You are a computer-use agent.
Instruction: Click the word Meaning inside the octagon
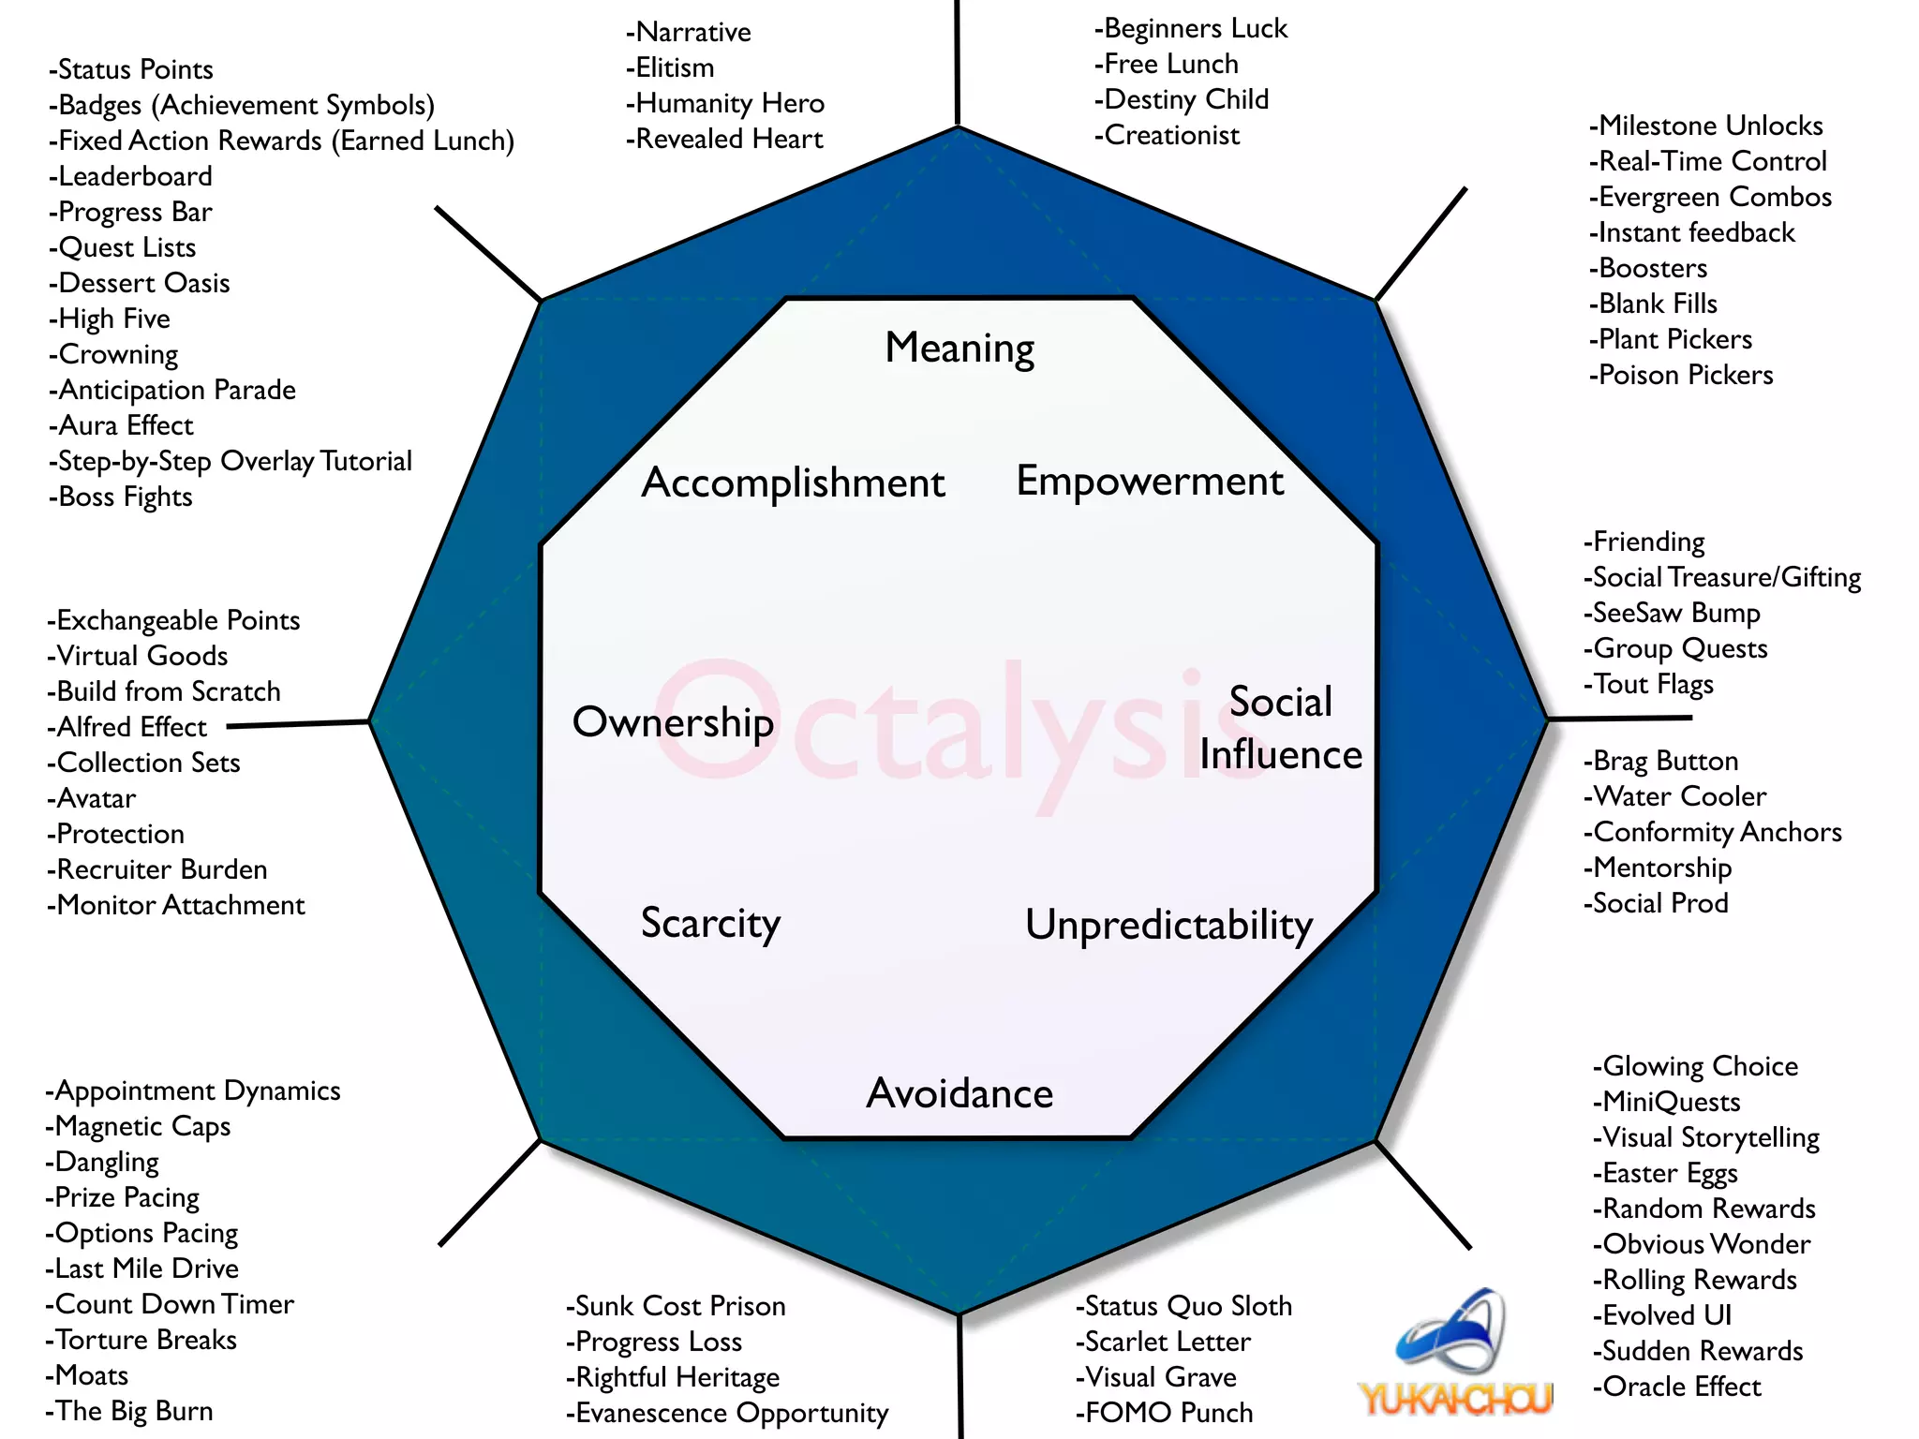[959, 348]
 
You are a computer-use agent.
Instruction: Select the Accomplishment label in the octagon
[793, 483]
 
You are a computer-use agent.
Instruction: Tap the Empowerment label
[1150, 482]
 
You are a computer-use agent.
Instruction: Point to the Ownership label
[673, 722]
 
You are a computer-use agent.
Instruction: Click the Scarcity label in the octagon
[710, 924]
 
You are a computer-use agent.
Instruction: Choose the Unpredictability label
[1168, 926]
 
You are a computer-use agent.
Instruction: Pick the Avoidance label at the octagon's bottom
[959, 1093]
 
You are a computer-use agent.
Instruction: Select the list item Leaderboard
[131, 176]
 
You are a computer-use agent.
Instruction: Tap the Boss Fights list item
[122, 497]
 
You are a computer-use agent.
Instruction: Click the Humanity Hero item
[725, 103]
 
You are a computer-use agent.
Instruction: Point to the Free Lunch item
[1167, 64]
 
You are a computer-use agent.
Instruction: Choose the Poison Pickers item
[1681, 375]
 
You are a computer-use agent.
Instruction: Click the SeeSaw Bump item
[1673, 613]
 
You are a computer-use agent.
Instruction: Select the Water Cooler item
[1675, 796]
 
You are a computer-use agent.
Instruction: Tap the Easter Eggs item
[1666, 1173]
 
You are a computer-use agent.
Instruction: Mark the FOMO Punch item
[1165, 1412]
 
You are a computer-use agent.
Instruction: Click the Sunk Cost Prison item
[676, 1306]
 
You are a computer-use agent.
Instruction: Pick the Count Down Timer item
[170, 1304]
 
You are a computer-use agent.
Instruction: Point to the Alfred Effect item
[127, 727]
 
